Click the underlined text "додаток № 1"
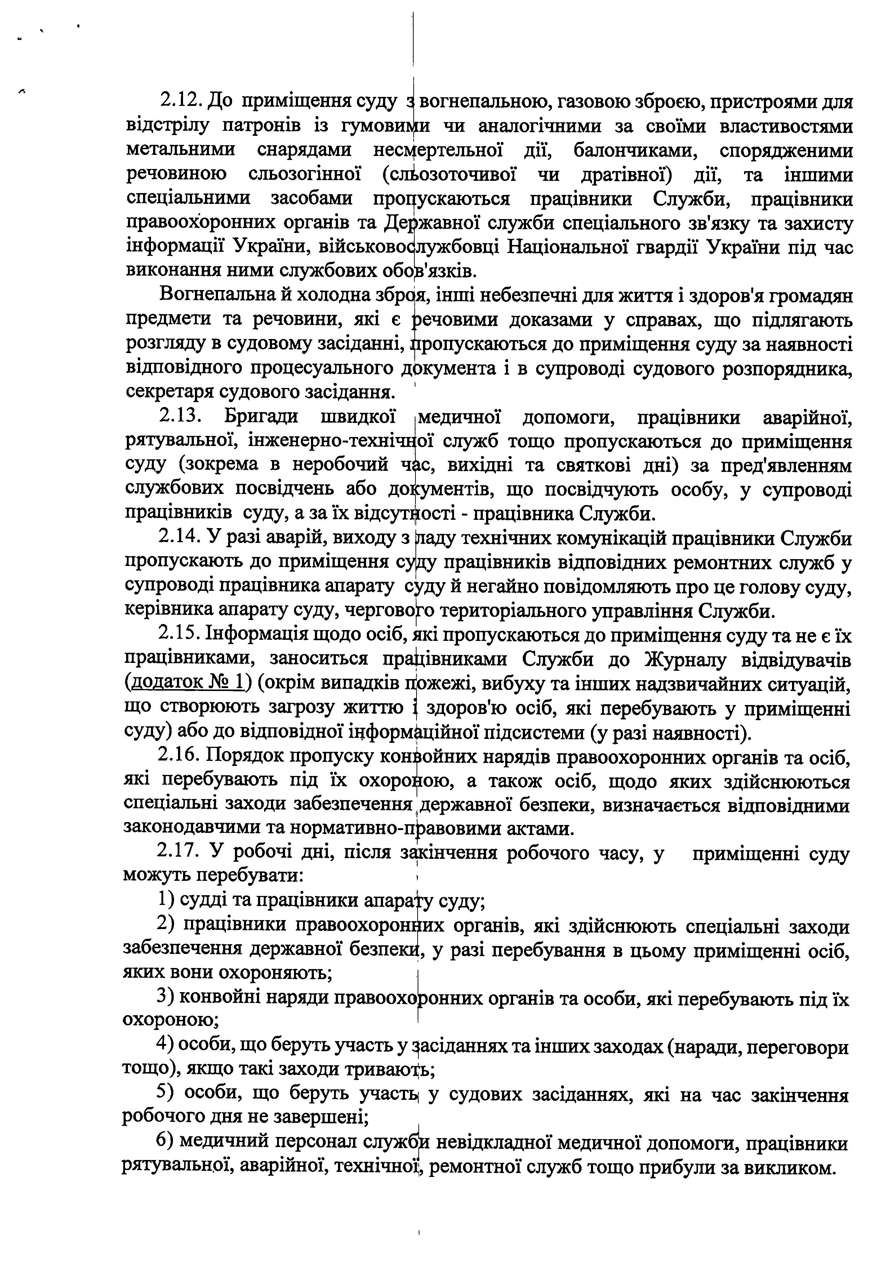[187, 684]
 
